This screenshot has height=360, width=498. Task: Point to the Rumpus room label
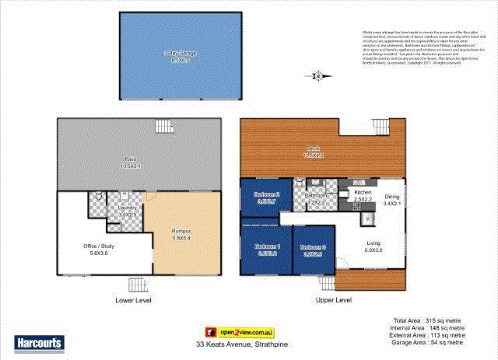(181, 235)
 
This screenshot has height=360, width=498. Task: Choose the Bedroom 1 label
(268, 249)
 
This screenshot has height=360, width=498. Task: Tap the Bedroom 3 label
(314, 250)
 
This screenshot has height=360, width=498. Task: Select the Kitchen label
(363, 194)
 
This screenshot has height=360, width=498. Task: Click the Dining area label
(391, 199)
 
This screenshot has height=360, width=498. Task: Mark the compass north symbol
(317, 75)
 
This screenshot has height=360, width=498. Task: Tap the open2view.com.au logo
(231, 331)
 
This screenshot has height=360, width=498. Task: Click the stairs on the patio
(163, 127)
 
